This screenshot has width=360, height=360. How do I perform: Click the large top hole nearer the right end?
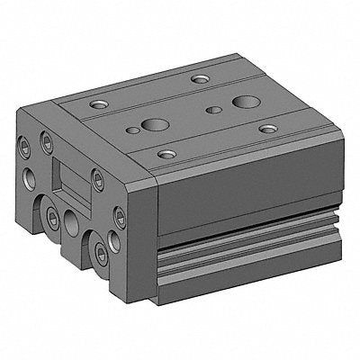point(245,98)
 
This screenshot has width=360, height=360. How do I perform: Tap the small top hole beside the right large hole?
point(212,111)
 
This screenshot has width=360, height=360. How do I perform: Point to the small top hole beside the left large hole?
point(133,130)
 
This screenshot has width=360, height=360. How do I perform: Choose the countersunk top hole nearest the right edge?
point(266,130)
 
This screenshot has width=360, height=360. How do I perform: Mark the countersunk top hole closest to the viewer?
point(164,154)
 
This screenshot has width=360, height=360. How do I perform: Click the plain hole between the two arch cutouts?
point(68,219)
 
